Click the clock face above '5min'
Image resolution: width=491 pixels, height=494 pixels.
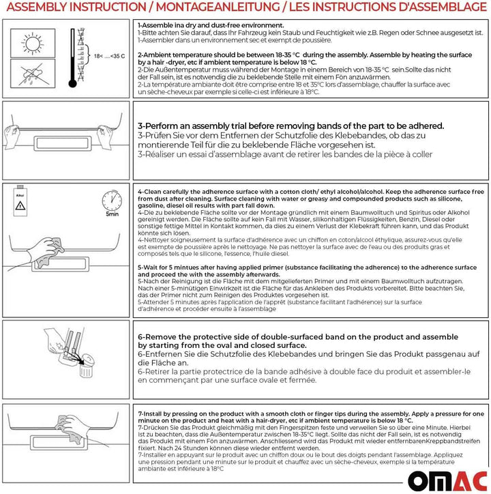[x=112, y=200]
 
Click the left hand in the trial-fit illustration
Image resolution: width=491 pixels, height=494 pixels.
[x=16, y=128]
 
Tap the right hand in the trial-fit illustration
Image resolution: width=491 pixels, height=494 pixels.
[x=114, y=128]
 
